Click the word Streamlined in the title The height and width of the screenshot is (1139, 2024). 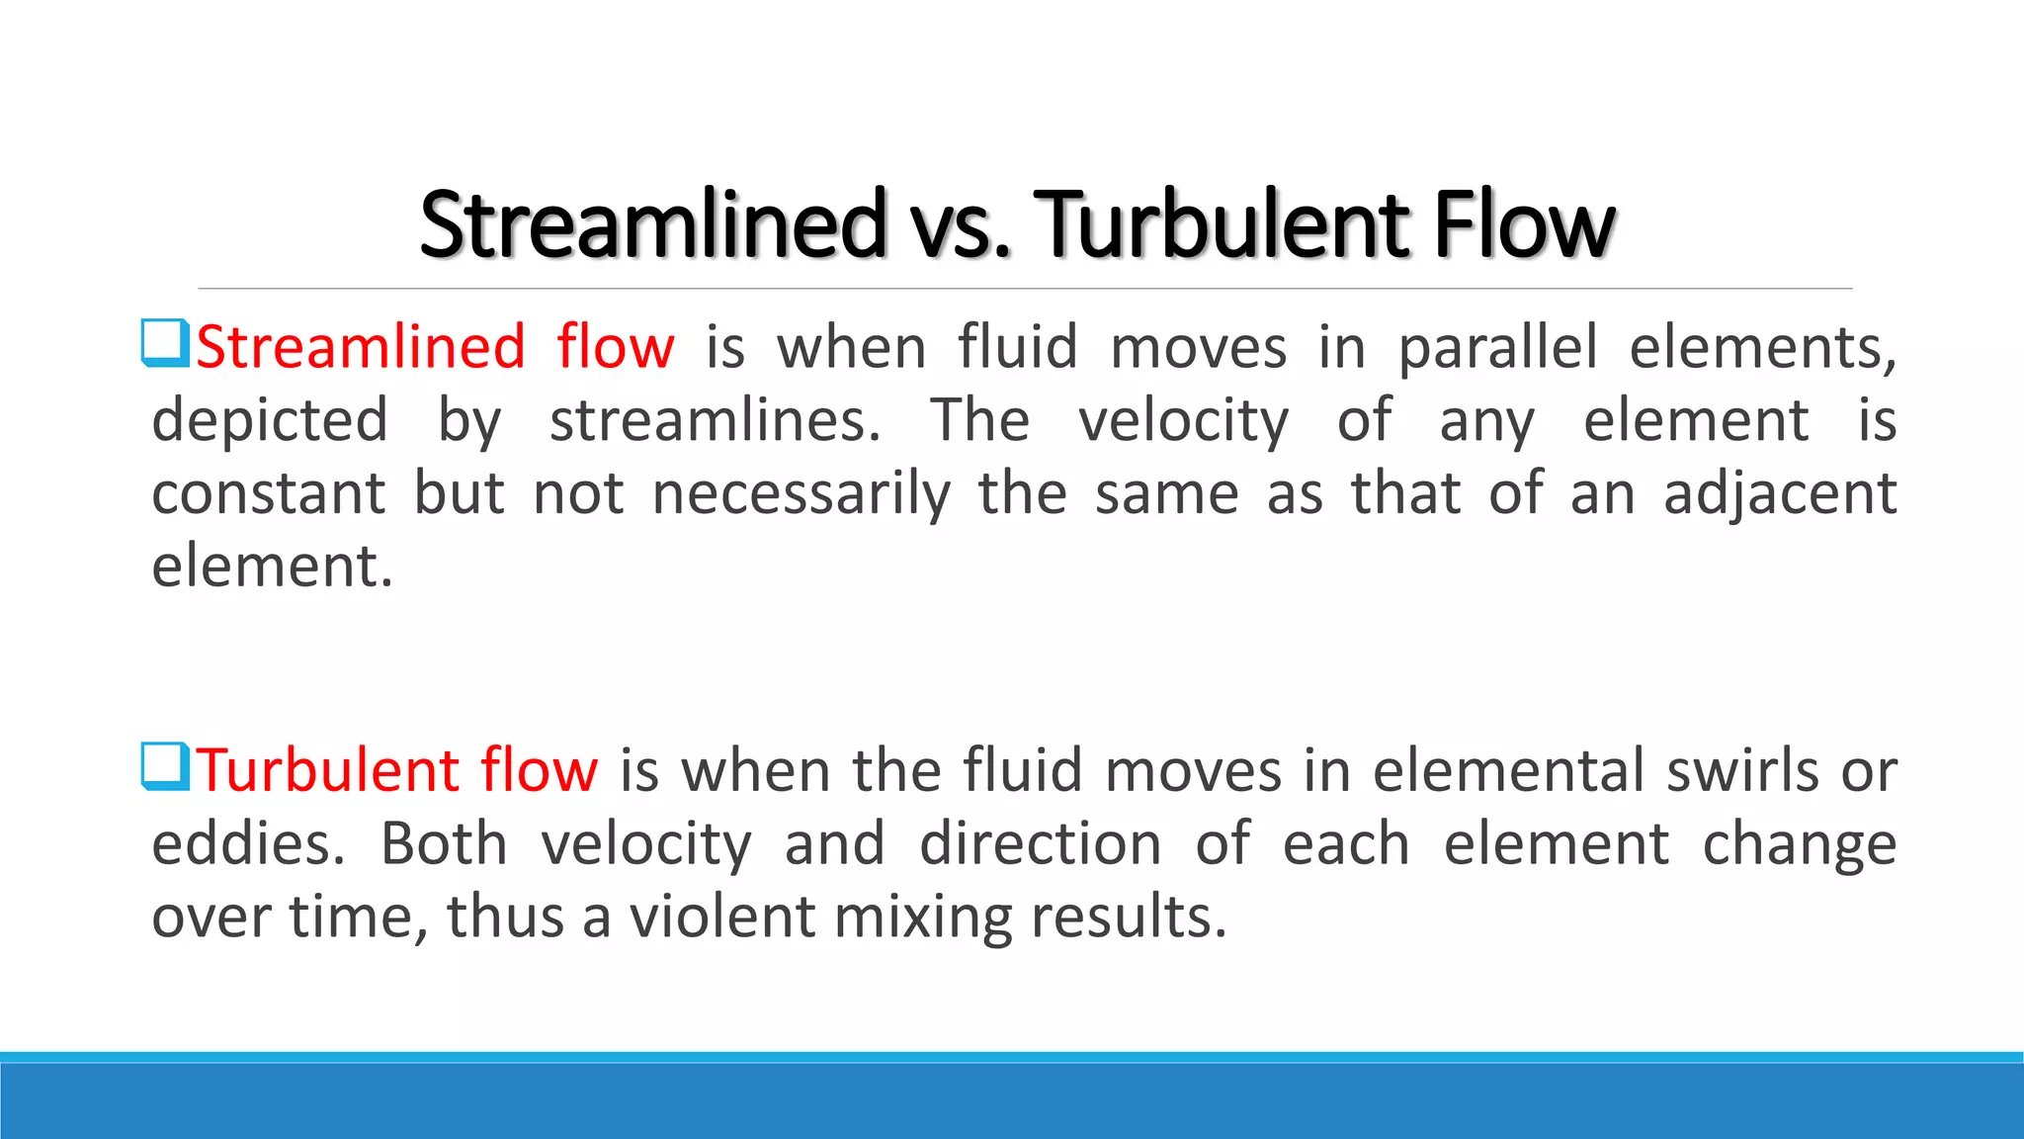[652, 225]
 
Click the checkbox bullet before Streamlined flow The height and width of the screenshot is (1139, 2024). [165, 343]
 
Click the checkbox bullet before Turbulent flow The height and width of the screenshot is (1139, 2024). [165, 767]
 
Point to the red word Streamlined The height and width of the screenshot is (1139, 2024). [361, 348]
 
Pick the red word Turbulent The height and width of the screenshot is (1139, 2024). [327, 771]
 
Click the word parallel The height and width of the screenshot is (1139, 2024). [1497, 348]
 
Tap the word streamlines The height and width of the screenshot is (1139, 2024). [715, 421]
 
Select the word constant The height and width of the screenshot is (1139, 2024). [268, 494]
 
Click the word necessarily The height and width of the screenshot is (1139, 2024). [801, 494]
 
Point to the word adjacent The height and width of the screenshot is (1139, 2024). [1780, 494]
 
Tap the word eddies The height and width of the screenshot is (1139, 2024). [248, 844]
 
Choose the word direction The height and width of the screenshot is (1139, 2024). [1041, 844]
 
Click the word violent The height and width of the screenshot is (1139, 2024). [722, 918]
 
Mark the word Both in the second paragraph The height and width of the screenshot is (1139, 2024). [444, 844]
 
